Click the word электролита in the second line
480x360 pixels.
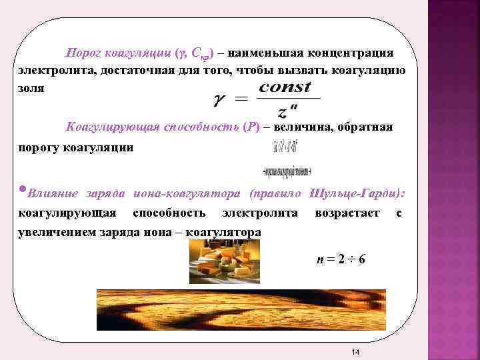55,71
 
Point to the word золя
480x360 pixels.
31,89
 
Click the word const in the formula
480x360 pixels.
285,87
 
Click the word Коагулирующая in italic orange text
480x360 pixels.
113,127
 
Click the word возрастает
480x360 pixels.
347,213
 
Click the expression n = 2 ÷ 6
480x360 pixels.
341,259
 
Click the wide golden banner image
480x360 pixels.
241,309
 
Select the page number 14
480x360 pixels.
355,352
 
